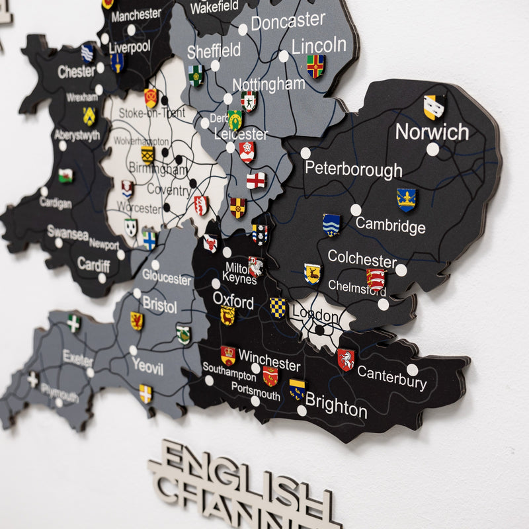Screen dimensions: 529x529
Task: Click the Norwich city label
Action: [x=432, y=132]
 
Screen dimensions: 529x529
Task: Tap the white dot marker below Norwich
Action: [x=432, y=149]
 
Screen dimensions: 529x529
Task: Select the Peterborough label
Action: [x=353, y=169]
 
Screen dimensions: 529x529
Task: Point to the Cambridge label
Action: [x=390, y=225]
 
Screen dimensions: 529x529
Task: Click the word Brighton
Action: [x=336, y=405]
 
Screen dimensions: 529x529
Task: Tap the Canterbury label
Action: [x=392, y=378]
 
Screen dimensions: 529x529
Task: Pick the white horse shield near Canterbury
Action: [x=345, y=359]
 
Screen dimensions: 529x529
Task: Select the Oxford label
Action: [x=233, y=301]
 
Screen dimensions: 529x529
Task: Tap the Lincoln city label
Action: [x=319, y=45]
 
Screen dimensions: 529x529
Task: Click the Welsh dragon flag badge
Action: [x=65, y=175]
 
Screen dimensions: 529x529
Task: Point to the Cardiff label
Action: [x=93, y=264]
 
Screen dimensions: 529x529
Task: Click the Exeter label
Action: [x=78, y=358]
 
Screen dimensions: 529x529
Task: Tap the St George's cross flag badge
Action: [x=256, y=180]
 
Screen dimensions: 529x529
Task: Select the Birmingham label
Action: [x=157, y=169]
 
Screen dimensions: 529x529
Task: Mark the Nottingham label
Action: [x=268, y=84]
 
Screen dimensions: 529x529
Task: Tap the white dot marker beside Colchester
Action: [x=401, y=270]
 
